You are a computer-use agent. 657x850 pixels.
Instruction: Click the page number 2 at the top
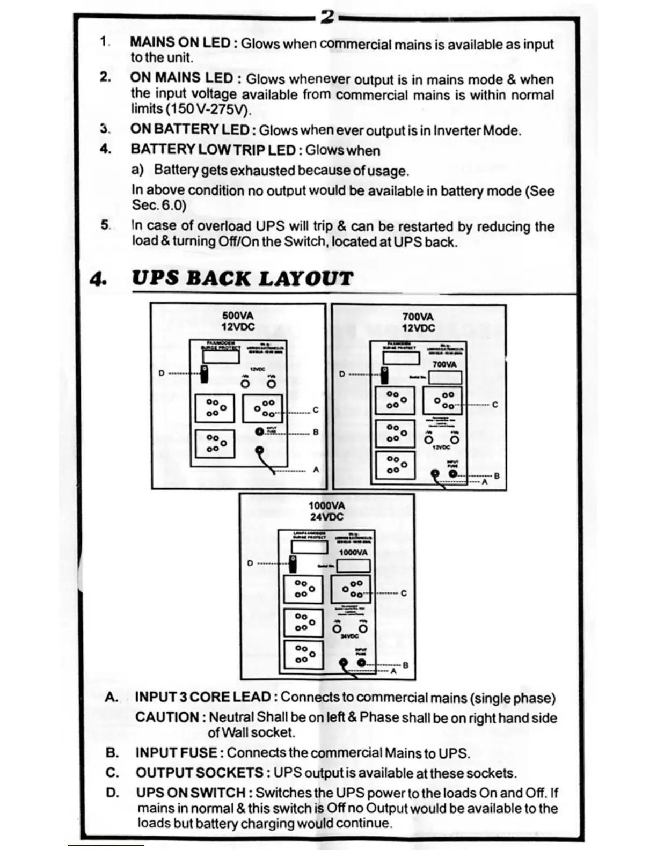(327, 18)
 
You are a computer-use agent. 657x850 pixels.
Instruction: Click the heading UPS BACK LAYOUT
(242, 279)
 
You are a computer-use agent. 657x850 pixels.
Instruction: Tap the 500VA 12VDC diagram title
(238, 321)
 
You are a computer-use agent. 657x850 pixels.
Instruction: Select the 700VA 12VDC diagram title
(418, 323)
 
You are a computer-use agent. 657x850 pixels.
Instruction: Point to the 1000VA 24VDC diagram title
(326, 511)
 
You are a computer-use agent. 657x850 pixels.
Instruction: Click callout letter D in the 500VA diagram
(162, 373)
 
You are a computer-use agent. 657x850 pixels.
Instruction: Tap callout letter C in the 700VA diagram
(495, 405)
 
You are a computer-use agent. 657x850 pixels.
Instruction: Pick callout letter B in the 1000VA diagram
(405, 665)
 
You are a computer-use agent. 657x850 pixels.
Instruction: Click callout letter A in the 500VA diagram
(316, 470)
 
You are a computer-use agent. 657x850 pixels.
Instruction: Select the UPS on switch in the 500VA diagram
(204, 373)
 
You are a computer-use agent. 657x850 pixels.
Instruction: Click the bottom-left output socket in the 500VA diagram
(215, 443)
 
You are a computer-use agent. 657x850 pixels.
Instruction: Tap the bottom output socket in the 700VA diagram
(395, 465)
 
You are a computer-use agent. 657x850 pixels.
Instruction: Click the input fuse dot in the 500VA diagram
(260, 431)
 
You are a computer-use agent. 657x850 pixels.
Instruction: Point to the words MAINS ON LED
(180, 42)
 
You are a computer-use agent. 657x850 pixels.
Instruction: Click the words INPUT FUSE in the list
(176, 752)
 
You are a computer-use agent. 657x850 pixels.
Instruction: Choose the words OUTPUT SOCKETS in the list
(199, 773)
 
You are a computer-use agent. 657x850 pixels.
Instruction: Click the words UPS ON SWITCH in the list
(191, 793)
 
